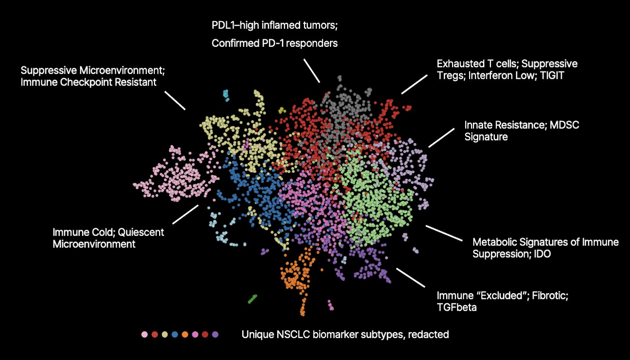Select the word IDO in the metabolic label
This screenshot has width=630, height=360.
[x=542, y=254]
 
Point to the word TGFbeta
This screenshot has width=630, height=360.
[x=456, y=307]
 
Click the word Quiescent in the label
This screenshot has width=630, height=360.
[x=141, y=232]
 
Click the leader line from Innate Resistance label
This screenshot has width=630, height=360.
[x=441, y=138]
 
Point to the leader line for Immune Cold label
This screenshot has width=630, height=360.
[x=185, y=214]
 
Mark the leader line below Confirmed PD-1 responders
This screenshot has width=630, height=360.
[x=311, y=71]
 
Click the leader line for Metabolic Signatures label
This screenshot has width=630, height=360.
[x=444, y=233]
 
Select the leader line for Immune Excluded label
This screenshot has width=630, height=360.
[x=411, y=278]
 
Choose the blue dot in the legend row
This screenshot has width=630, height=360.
[x=175, y=335]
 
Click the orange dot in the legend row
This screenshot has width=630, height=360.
[x=185, y=335]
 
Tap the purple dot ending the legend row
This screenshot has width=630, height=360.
[x=215, y=335]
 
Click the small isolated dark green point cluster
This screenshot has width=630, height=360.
[x=252, y=299]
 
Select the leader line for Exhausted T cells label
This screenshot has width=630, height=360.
[x=414, y=84]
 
